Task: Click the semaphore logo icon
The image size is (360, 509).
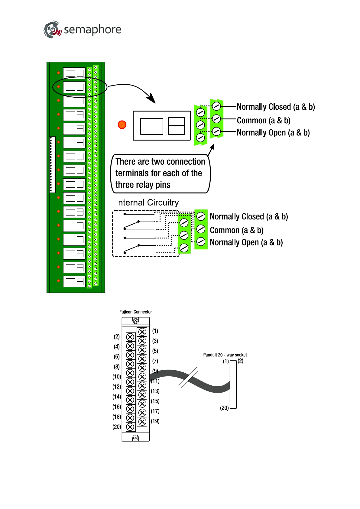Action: coord(53,29)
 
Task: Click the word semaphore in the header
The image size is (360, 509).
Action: coord(92,30)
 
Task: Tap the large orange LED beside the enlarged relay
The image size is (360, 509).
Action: coord(122,125)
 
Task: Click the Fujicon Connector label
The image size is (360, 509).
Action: coord(135,312)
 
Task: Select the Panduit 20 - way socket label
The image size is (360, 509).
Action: coord(225,355)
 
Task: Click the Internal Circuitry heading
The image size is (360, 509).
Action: coord(147,203)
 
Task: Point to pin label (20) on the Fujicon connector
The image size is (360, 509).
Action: coord(117,427)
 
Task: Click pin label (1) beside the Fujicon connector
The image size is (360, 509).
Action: coord(155,331)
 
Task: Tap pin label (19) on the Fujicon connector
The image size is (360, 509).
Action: coord(155,421)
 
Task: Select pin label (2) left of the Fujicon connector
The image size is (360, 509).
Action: coord(117,337)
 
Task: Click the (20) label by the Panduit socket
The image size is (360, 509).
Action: coord(224,408)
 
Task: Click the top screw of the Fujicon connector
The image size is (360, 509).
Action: coord(136,321)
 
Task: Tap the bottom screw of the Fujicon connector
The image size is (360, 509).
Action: coord(136,438)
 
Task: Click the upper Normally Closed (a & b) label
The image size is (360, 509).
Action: coord(276,107)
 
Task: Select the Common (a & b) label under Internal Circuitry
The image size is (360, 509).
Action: coord(237,230)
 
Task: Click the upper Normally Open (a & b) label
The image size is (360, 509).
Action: coord(273,133)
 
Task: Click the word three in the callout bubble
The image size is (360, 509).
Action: coord(124,185)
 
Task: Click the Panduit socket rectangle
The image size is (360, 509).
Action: coord(233,385)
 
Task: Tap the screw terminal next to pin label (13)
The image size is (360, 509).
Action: coord(142,395)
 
